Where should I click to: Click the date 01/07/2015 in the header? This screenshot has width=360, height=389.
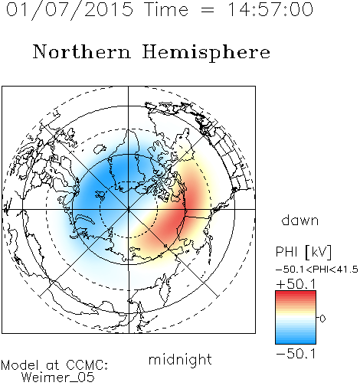pyautogui.click(x=70, y=10)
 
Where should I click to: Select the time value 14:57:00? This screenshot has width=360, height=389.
pyautogui.click(x=270, y=9)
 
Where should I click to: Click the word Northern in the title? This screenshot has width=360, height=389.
pyautogui.click(x=82, y=52)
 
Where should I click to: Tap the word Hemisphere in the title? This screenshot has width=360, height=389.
pyautogui.click(x=206, y=53)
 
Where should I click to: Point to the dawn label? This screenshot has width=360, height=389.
pyautogui.click(x=300, y=220)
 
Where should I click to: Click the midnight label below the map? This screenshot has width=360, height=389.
pyautogui.click(x=180, y=359)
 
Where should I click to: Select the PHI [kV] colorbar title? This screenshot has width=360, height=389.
pyautogui.click(x=304, y=252)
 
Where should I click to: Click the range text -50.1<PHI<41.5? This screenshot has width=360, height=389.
pyautogui.click(x=317, y=270)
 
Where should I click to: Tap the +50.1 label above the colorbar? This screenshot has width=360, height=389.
pyautogui.click(x=296, y=284)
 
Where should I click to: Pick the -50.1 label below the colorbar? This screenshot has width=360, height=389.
pyautogui.click(x=296, y=354)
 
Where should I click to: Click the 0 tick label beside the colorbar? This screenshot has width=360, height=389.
pyautogui.click(x=322, y=319)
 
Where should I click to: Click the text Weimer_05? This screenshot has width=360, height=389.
pyautogui.click(x=58, y=378)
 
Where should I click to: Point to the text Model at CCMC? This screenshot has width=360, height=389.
pyautogui.click(x=54, y=365)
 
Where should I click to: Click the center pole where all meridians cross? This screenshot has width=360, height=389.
pyautogui.click(x=129, y=209)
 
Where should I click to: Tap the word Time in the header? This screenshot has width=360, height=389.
pyautogui.click(x=166, y=9)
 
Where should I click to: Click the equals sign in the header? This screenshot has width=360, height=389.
pyautogui.click(x=208, y=10)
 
